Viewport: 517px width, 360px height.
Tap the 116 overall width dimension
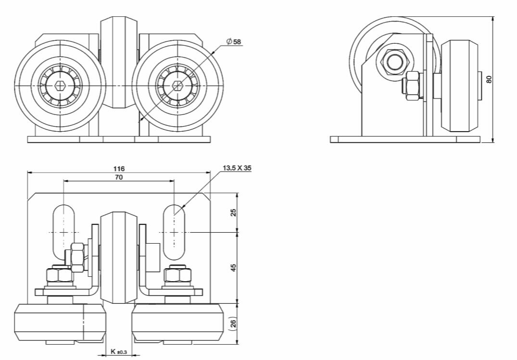(x=119, y=169)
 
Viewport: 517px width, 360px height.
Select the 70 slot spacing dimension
(x=119, y=177)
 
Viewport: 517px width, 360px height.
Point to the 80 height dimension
(x=489, y=79)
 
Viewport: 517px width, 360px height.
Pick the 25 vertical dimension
(x=234, y=212)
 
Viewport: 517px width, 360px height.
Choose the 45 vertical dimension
(x=234, y=268)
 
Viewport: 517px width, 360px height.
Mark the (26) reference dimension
(x=234, y=323)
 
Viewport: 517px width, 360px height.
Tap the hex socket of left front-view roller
(x=60, y=86)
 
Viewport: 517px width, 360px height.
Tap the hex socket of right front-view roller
(x=177, y=86)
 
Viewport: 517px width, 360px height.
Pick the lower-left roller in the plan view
(x=59, y=322)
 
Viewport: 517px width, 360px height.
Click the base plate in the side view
(x=405, y=139)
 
